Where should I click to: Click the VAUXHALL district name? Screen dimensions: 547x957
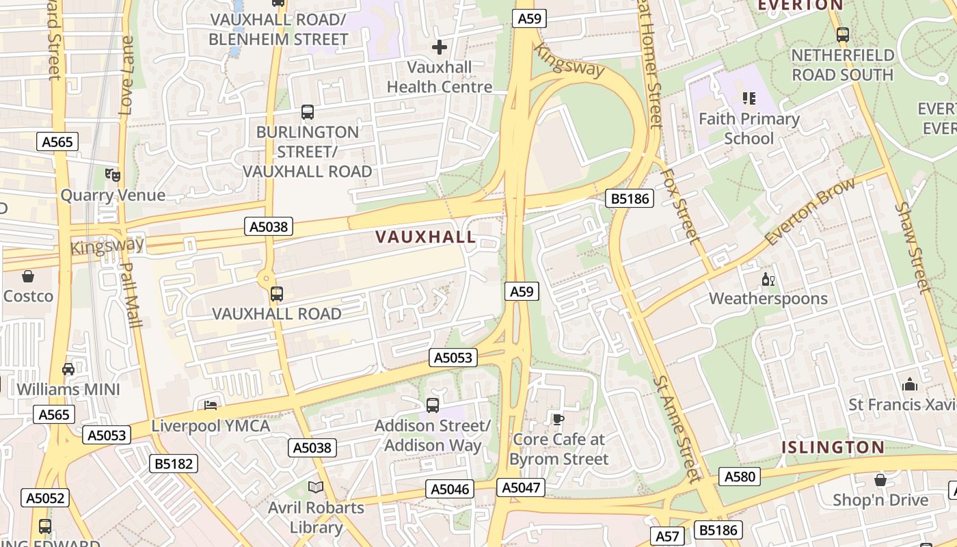click(x=425, y=237)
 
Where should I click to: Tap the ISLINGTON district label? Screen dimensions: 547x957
click(x=833, y=448)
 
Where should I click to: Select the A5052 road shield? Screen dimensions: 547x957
click(x=46, y=498)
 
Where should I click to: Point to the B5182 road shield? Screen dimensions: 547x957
click(x=174, y=464)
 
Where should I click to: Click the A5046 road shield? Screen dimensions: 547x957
click(x=450, y=489)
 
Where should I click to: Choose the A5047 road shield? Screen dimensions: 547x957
click(x=522, y=488)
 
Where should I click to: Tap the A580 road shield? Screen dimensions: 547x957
click(x=740, y=477)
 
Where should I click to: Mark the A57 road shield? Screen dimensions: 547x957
click(x=666, y=536)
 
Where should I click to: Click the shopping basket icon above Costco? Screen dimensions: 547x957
click(x=28, y=276)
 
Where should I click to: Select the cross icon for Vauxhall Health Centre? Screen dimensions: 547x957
click(x=440, y=47)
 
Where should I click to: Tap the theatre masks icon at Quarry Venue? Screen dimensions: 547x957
click(x=113, y=175)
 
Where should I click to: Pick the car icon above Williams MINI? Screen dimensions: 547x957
click(x=68, y=369)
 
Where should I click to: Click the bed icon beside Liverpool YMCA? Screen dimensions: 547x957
click(x=211, y=405)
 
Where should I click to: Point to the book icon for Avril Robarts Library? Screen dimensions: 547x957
click(x=316, y=487)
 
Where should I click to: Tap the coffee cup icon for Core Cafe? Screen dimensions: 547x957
click(x=558, y=419)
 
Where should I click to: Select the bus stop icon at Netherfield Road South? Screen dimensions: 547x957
click(x=843, y=34)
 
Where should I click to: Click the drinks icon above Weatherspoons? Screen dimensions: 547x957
click(x=768, y=279)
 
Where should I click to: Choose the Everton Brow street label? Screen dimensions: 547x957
click(x=810, y=211)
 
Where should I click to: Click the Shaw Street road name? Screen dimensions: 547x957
click(x=913, y=246)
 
